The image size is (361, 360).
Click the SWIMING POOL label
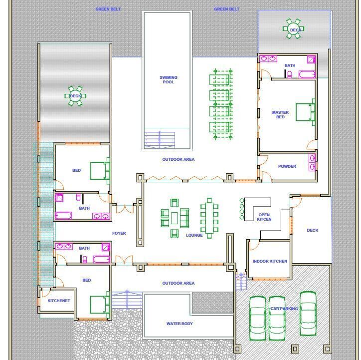coord(168,79)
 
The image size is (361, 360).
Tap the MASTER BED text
coord(280,114)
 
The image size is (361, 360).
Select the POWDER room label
coord(287,166)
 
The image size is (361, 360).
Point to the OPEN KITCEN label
coord(264,217)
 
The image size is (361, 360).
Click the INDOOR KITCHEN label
coord(270,261)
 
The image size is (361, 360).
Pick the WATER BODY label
coord(179,324)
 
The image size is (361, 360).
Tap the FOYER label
coord(119,233)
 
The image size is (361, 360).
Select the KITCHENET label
coord(59,301)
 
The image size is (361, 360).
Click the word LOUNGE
coord(194,235)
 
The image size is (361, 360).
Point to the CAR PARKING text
coord(284,309)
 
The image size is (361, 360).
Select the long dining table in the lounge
coord(209,216)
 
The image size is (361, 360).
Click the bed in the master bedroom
coord(305,111)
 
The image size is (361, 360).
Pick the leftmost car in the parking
coord(258,318)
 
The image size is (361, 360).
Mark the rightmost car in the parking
coord(308,313)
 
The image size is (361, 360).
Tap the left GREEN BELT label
coord(108,9)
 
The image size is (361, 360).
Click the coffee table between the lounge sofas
coord(175,218)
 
